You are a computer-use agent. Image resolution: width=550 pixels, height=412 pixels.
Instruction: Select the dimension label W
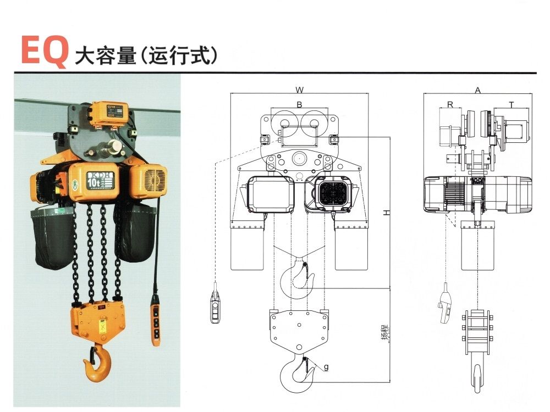click(x=299, y=89)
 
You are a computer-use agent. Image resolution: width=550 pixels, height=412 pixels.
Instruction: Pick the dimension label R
click(x=450, y=104)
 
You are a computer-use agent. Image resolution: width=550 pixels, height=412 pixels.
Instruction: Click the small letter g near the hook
click(x=326, y=366)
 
